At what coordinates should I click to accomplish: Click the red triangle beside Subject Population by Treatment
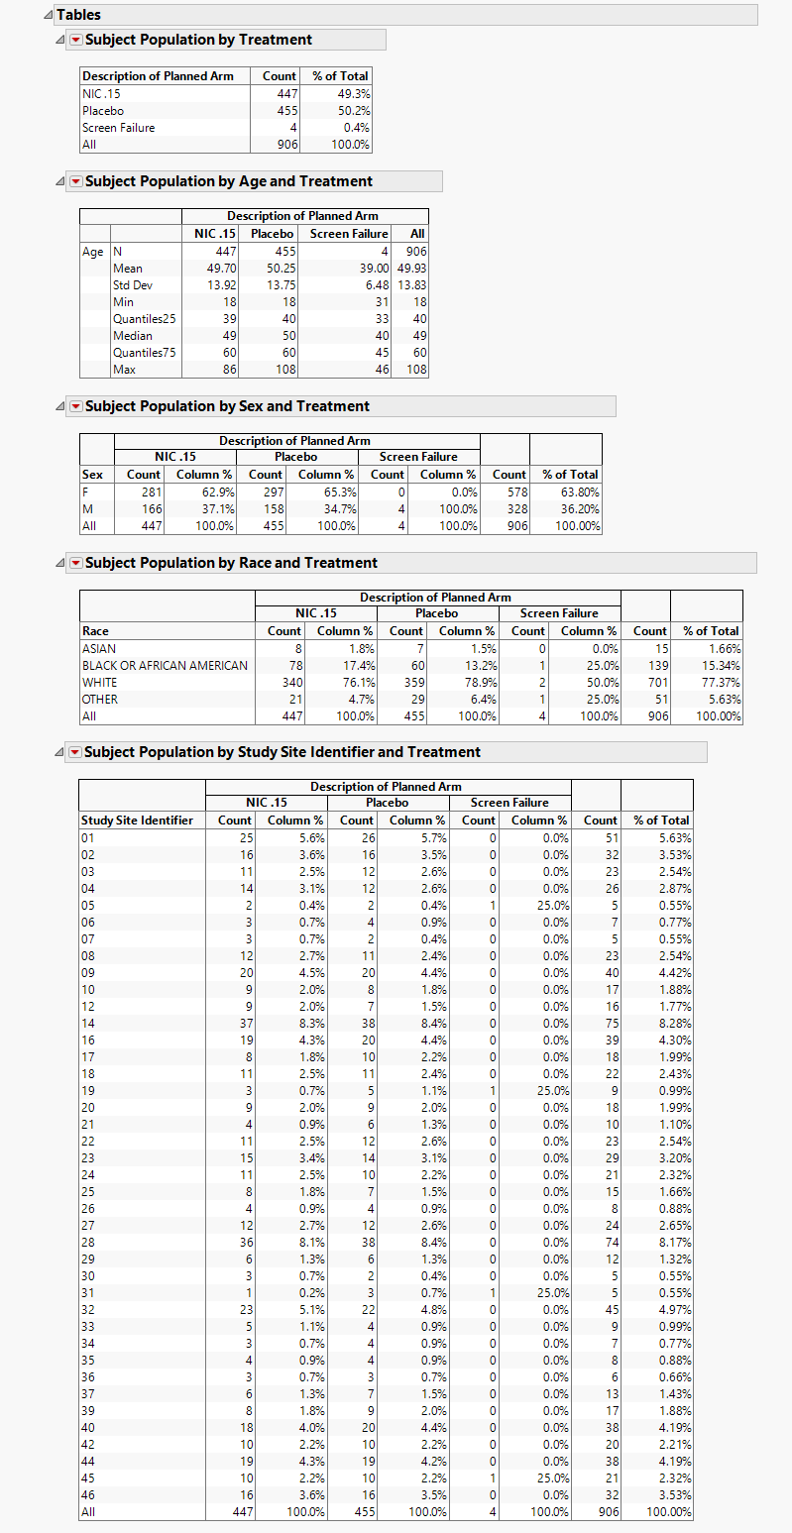coord(75,41)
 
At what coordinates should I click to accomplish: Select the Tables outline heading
coord(78,15)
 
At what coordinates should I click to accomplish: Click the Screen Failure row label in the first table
coord(118,128)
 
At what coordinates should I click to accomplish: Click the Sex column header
coord(92,475)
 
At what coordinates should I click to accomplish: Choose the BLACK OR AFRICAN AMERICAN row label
coord(165,666)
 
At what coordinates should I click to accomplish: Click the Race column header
coord(96,631)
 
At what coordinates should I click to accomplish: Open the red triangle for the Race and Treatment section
coord(75,564)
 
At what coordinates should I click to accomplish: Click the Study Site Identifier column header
coord(137,821)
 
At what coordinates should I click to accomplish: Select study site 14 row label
coord(89,1024)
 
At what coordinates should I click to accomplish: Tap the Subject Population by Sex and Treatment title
coord(227,406)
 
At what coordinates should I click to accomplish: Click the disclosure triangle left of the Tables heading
coord(49,15)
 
